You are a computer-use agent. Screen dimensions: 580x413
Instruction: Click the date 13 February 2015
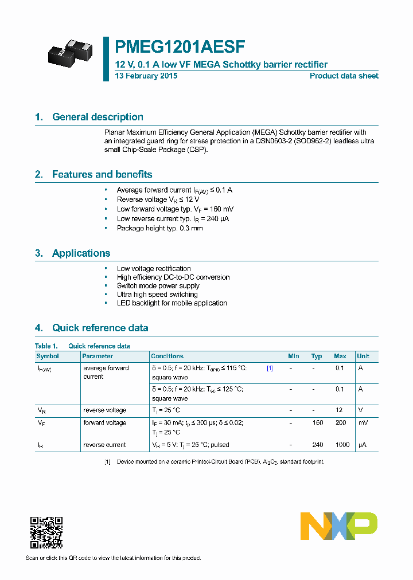click(146, 76)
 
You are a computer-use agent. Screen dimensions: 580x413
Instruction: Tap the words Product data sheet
click(344, 76)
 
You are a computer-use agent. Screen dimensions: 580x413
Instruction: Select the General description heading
click(98, 117)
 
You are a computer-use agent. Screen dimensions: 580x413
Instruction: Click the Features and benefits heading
click(102, 174)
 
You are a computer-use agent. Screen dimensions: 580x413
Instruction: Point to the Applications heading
click(81, 253)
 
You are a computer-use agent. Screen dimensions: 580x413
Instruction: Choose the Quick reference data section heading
click(100, 328)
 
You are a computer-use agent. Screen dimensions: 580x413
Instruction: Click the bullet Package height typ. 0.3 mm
click(159, 228)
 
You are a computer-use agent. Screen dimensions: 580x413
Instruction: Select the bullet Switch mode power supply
click(158, 285)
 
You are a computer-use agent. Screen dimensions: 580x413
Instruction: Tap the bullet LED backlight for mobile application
click(172, 303)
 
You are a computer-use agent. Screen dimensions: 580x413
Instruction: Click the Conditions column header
click(167, 356)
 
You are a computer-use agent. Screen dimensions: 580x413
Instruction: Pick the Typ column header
click(317, 356)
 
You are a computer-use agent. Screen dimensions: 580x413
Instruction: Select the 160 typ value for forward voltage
click(317, 423)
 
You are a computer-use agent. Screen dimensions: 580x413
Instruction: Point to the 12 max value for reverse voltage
click(339, 410)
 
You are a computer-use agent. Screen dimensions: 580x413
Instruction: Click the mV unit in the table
click(363, 423)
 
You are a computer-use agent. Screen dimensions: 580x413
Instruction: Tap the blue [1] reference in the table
click(270, 369)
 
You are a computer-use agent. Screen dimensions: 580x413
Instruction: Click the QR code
click(46, 532)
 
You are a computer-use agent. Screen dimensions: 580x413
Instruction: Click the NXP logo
click(339, 526)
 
